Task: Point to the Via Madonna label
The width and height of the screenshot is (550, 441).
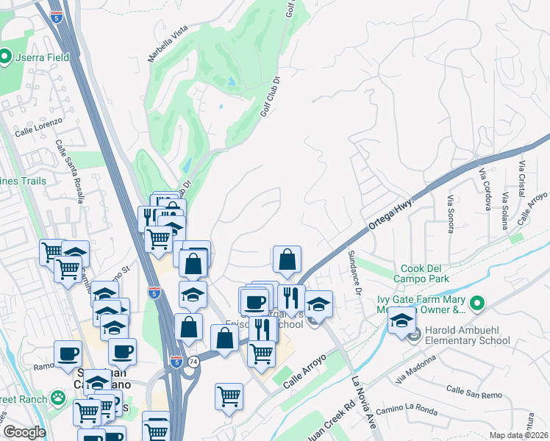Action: click(x=414, y=369)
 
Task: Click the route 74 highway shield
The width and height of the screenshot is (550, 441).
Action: click(x=193, y=362)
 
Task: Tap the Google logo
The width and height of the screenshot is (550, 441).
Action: click(x=24, y=432)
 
